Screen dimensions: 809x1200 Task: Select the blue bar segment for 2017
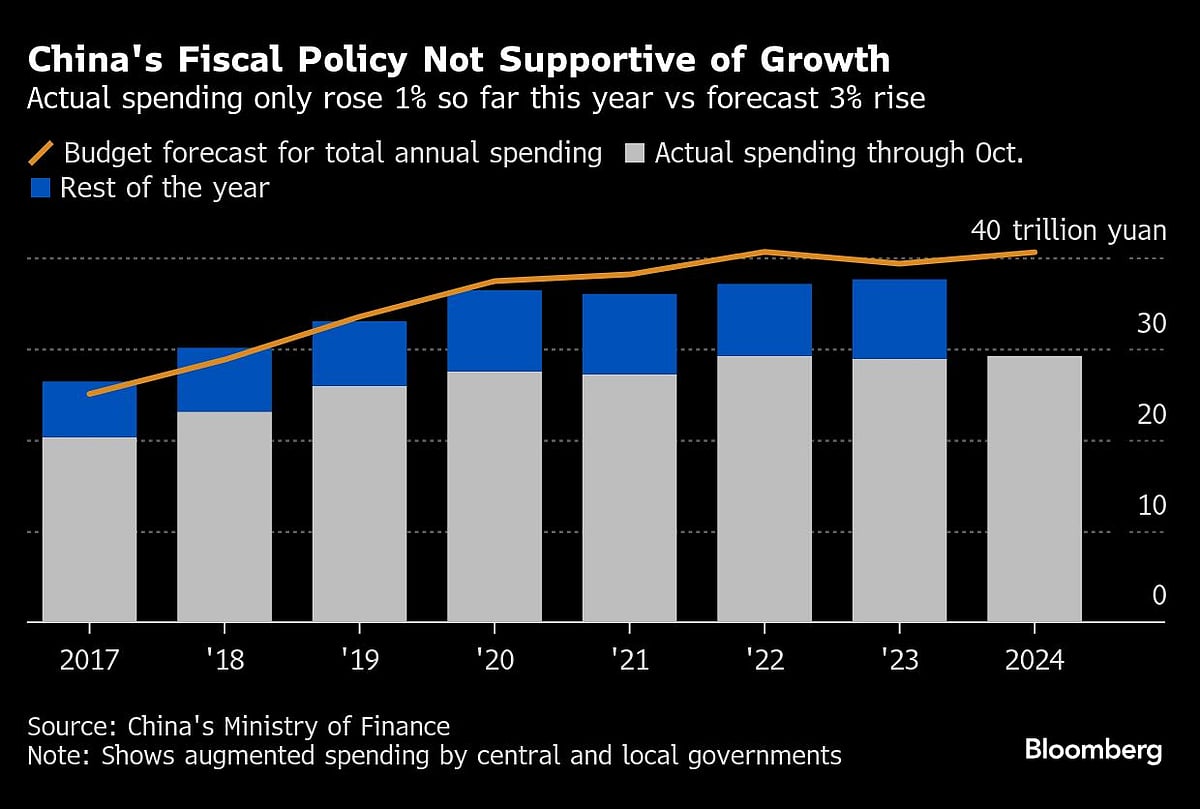click(x=89, y=409)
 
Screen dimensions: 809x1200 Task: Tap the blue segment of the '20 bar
click(x=494, y=331)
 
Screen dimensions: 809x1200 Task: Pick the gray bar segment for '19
click(x=359, y=503)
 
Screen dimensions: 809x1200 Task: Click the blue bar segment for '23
click(x=899, y=319)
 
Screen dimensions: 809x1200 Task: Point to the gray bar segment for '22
click(x=764, y=488)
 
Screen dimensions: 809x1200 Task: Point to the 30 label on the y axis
click(x=1151, y=324)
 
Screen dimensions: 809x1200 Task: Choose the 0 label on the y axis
click(x=1158, y=596)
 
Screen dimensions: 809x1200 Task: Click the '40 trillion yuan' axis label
click(x=1068, y=232)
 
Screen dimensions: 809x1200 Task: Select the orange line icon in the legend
click(x=41, y=153)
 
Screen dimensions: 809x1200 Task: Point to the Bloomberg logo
click(x=1093, y=750)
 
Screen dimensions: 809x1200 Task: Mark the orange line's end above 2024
click(x=1034, y=252)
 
